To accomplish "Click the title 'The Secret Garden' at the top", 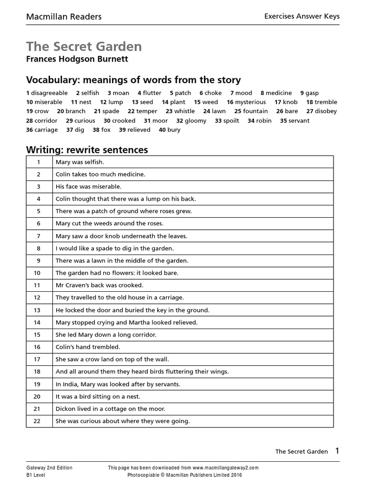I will point(84,46).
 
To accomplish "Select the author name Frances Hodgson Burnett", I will point(77,60).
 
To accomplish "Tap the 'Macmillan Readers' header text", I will point(63,17).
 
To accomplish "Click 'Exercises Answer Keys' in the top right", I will point(302,16).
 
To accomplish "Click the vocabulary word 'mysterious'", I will point(250,102).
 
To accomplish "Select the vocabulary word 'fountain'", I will point(255,111).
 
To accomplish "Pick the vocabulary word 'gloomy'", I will point(195,121).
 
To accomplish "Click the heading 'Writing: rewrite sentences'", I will point(87,150).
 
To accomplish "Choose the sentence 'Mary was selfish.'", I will point(76,162).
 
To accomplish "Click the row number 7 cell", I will point(39,236).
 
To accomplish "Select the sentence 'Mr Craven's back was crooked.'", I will point(99,285).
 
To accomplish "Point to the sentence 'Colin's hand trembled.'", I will point(88,347).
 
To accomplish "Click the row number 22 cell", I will point(39,421).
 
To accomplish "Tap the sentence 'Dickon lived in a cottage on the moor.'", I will point(111,409).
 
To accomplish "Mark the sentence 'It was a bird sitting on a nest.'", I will point(98,396).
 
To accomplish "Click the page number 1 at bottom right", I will point(337,451).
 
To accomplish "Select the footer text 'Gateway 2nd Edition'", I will point(49,468).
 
